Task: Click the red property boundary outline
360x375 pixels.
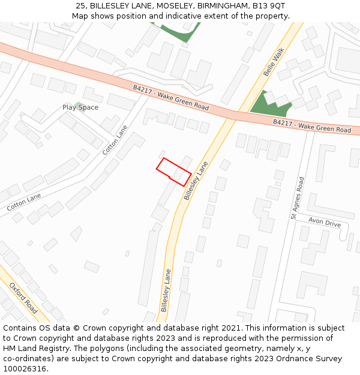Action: [174, 172]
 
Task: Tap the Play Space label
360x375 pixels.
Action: [80, 107]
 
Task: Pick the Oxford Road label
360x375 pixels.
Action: [23, 298]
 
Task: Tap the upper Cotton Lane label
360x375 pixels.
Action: [115, 140]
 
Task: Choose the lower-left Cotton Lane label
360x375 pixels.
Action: [24, 202]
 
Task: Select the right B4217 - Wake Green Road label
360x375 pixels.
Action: [312, 125]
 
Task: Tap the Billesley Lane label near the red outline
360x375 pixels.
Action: [196, 180]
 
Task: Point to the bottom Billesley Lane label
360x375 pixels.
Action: [166, 290]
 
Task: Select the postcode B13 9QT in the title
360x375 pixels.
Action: [268, 5]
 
